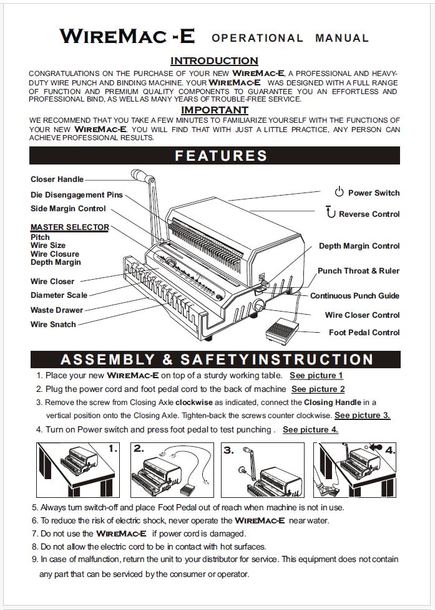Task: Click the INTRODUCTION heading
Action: (x=214, y=60)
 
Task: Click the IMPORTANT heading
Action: (x=215, y=110)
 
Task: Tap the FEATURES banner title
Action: (x=221, y=156)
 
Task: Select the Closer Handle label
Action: (x=57, y=179)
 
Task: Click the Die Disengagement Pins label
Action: (x=77, y=195)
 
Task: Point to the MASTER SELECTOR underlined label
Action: (x=70, y=227)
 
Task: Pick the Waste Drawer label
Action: (x=57, y=310)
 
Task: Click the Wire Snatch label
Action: (x=53, y=325)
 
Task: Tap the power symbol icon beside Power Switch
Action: (x=339, y=191)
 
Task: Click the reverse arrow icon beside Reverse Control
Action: (x=331, y=212)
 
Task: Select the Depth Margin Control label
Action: (x=359, y=246)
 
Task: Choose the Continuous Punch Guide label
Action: (x=354, y=296)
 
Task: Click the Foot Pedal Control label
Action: (x=364, y=333)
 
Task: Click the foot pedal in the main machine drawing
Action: (x=282, y=331)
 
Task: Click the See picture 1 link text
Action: (x=316, y=376)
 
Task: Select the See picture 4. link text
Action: (x=310, y=429)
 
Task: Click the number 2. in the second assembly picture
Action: (x=139, y=449)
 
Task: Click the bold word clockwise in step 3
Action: (x=194, y=403)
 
